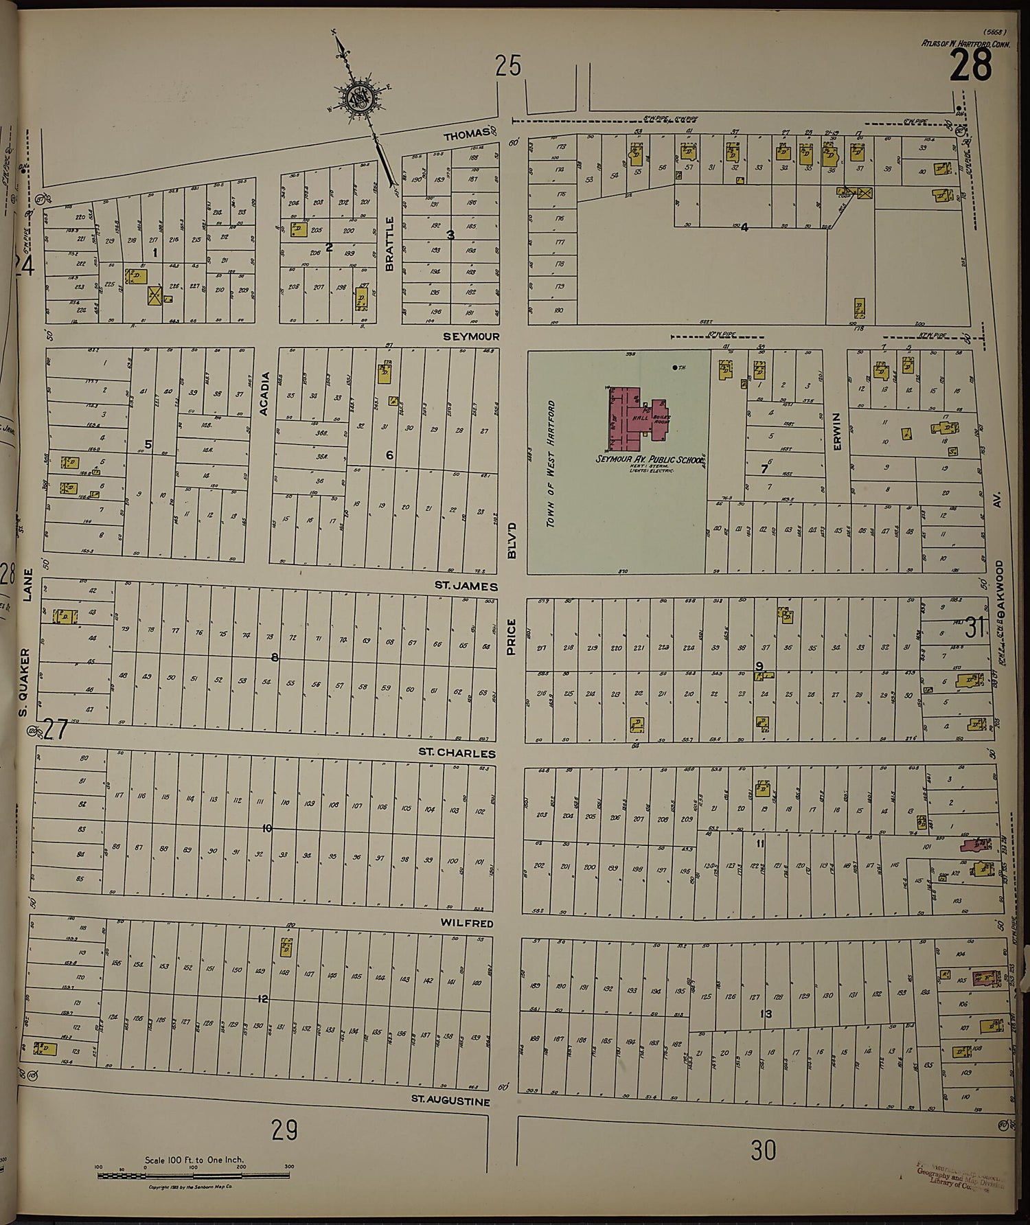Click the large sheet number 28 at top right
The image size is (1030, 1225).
point(971,66)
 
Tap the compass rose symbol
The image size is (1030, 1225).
point(358,100)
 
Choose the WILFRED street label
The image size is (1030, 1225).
point(471,924)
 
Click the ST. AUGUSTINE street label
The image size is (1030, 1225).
point(450,1101)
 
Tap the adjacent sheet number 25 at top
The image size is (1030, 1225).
point(508,67)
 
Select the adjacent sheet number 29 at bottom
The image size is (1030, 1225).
point(284,1130)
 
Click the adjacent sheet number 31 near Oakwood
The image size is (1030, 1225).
point(975,627)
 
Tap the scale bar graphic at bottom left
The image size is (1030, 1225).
point(194,1176)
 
